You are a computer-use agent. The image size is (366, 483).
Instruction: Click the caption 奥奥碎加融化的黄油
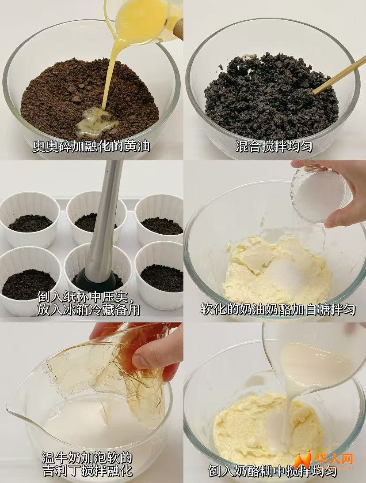click(91, 146)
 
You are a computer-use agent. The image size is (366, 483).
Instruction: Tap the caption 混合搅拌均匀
click(274, 146)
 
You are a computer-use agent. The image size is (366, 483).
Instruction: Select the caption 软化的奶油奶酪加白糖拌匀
click(278, 309)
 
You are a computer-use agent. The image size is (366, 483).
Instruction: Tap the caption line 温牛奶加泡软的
click(87, 458)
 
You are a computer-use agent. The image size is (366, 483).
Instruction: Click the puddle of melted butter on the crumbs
click(96, 122)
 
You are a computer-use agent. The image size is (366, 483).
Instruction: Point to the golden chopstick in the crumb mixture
click(339, 75)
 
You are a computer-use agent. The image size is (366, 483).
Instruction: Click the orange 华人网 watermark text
click(334, 460)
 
